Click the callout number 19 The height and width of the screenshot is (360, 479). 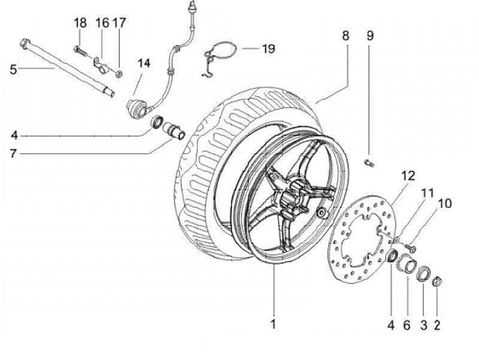coord(269,49)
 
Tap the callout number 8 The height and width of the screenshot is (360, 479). coord(345,36)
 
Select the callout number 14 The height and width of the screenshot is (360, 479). coord(144,63)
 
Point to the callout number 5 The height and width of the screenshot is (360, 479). coord(13,70)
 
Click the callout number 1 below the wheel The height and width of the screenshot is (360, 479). coord(273,324)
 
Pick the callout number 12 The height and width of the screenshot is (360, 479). coord(408,176)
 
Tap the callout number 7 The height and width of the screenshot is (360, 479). coord(13,154)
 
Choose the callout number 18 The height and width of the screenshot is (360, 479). coord(80,23)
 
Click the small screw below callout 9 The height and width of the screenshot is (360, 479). coord(369,164)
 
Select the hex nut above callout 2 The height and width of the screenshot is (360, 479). coord(437,281)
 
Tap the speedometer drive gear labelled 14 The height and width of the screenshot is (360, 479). coord(136,108)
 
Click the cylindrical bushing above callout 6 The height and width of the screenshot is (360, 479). coord(407,262)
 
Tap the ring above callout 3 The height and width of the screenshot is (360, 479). coord(423,273)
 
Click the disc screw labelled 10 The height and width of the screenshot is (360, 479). coord(410,248)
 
